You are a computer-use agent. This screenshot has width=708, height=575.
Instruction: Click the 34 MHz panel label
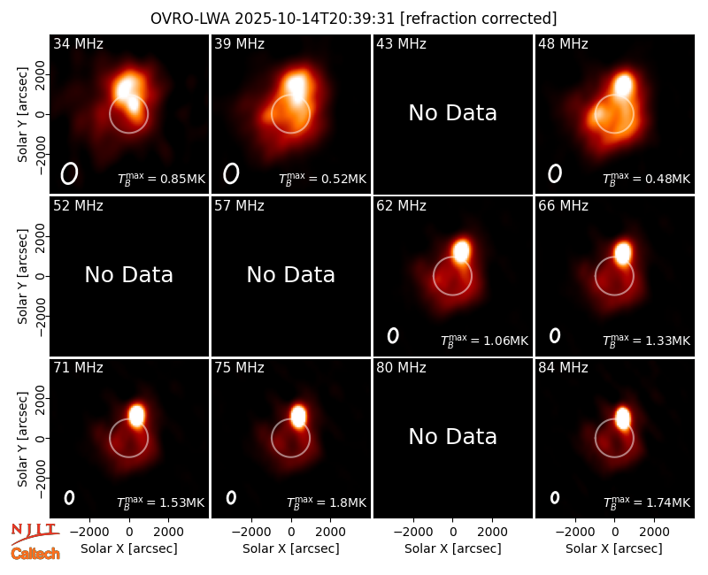78,43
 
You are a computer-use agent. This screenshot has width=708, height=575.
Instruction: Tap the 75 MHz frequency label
239,367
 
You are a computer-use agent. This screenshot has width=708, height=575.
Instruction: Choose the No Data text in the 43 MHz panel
452,113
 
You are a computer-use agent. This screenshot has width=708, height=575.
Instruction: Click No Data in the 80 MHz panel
452,436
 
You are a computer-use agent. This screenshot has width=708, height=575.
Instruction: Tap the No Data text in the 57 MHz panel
291,274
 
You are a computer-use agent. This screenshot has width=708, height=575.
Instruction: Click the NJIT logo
35,533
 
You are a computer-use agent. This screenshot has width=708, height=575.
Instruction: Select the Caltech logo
35,554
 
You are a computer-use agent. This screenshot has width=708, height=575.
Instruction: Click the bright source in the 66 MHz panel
623,253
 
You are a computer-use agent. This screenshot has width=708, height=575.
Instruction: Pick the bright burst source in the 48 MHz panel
623,85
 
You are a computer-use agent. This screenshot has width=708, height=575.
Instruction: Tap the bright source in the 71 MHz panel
136,415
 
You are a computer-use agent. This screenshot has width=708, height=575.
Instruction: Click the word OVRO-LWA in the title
190,19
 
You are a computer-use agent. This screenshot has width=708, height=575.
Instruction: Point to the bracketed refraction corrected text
479,19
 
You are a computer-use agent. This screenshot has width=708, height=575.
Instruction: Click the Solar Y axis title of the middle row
22,276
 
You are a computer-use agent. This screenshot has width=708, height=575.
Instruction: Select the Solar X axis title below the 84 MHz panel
614,548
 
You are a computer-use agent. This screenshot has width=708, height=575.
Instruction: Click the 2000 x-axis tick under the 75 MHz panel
330,532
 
